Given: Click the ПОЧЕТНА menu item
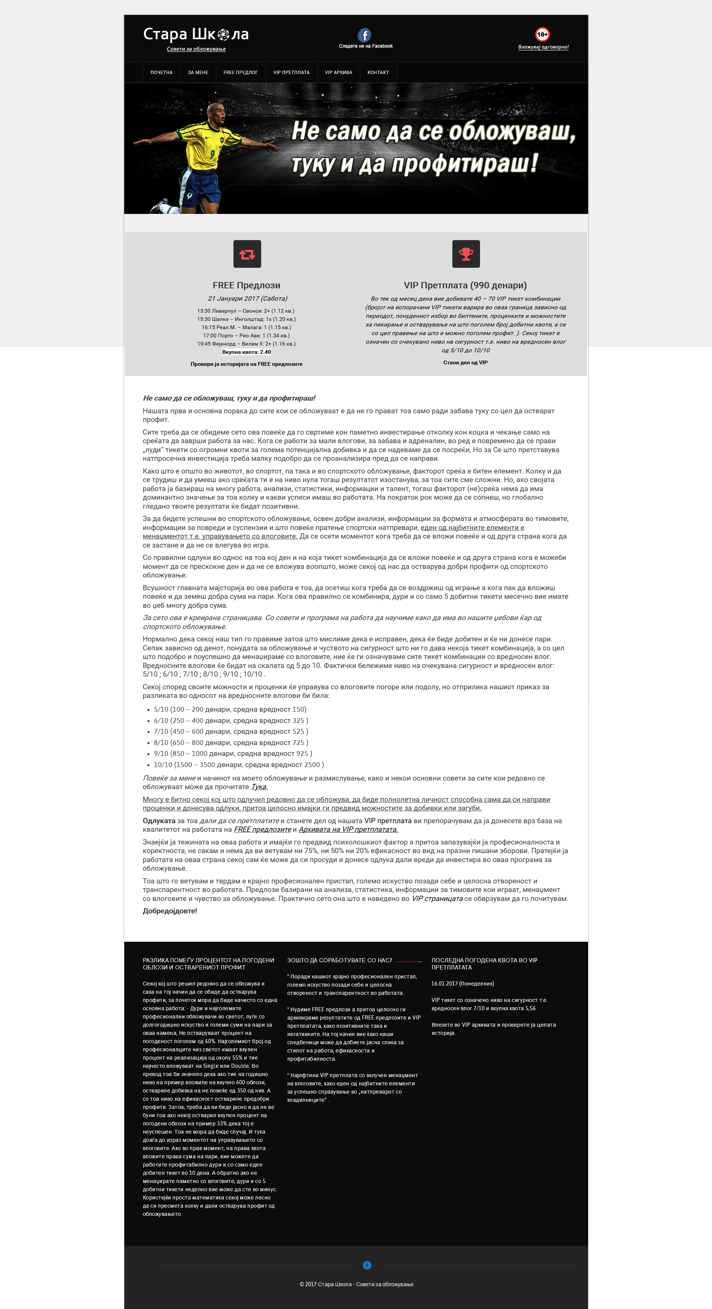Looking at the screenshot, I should pos(161,73).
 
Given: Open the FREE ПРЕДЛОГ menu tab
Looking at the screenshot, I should pos(240,73).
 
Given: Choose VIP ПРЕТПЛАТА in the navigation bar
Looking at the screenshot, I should pos(291,73).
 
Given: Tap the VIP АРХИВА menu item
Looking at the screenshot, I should pos(339,73).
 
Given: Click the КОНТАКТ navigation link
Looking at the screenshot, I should pos(378,73).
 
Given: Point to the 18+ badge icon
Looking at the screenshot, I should pos(542,34).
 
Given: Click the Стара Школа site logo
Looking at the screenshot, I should pos(196,34).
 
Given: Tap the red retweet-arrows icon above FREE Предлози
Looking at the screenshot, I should pos(247,254).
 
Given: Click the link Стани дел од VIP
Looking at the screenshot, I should pos(465,363).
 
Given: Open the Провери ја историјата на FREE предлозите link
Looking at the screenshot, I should pos(247,364).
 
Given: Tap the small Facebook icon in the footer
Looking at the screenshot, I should pos(367,1265).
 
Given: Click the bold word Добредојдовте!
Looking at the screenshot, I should pos(170,911).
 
